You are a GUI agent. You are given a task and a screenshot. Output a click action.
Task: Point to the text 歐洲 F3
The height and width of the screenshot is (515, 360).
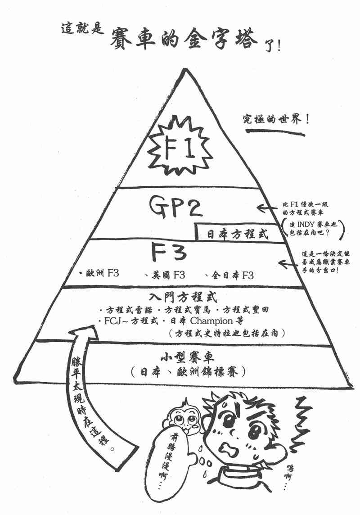pyautogui.click(x=100, y=274)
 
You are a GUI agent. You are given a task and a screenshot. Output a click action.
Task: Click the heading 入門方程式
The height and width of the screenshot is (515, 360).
pyautogui.click(x=184, y=298)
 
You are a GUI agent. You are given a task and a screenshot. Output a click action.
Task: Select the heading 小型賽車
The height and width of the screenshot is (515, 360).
pyautogui.click(x=187, y=358)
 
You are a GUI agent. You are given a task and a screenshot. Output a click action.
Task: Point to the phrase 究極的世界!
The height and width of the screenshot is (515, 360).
pyautogui.click(x=274, y=121)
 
